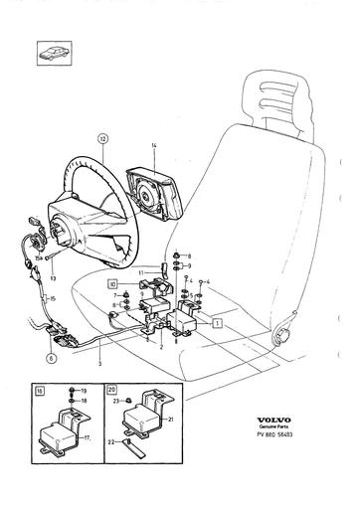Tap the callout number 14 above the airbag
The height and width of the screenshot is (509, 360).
(x=154, y=146)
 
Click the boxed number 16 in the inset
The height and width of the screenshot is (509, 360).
(x=38, y=393)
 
